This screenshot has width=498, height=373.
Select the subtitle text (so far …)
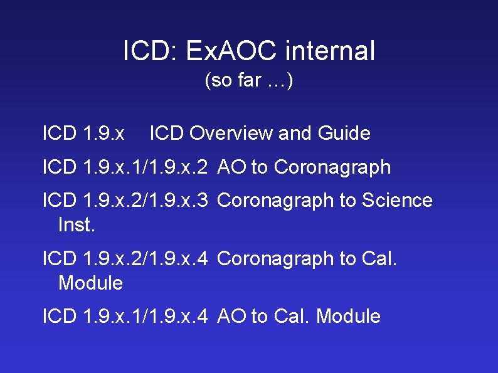click(249, 81)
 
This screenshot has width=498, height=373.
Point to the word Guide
click(344, 134)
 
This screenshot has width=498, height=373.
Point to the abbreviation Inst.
click(77, 224)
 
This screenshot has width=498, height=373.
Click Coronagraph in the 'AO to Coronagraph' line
click(332, 167)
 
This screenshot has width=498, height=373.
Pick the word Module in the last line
click(348, 316)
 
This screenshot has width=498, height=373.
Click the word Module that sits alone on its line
click(90, 283)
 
